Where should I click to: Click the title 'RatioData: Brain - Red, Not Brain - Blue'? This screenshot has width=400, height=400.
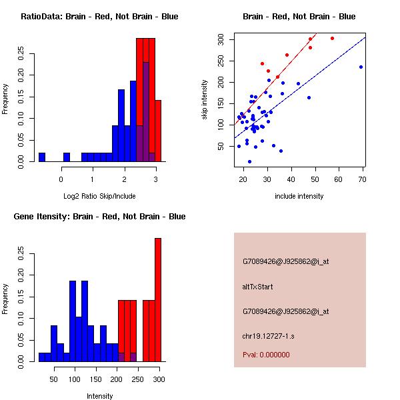click(x=99, y=17)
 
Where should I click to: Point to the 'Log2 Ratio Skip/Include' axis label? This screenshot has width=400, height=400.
click(x=99, y=195)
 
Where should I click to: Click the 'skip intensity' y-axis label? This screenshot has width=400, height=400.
click(x=205, y=100)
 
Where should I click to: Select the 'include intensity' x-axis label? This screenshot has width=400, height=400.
click(x=299, y=196)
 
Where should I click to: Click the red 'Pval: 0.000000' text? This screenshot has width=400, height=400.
click(x=266, y=355)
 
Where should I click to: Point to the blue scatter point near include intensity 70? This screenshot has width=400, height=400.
click(x=361, y=67)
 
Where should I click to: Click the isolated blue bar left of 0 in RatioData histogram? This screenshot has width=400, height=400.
click(x=42, y=157)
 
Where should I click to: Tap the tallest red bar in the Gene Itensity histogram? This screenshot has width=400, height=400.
click(x=158, y=300)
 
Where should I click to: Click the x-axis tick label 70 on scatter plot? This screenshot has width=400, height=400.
click(x=363, y=179)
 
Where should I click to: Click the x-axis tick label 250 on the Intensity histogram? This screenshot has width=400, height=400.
click(x=137, y=379)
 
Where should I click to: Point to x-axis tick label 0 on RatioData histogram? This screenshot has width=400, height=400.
click(x=61, y=179)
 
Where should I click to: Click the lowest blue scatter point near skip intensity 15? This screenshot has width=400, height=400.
click(x=249, y=161)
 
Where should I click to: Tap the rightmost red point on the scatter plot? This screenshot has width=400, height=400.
click(x=332, y=38)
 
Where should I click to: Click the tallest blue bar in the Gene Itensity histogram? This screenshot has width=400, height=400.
click(x=73, y=321)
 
